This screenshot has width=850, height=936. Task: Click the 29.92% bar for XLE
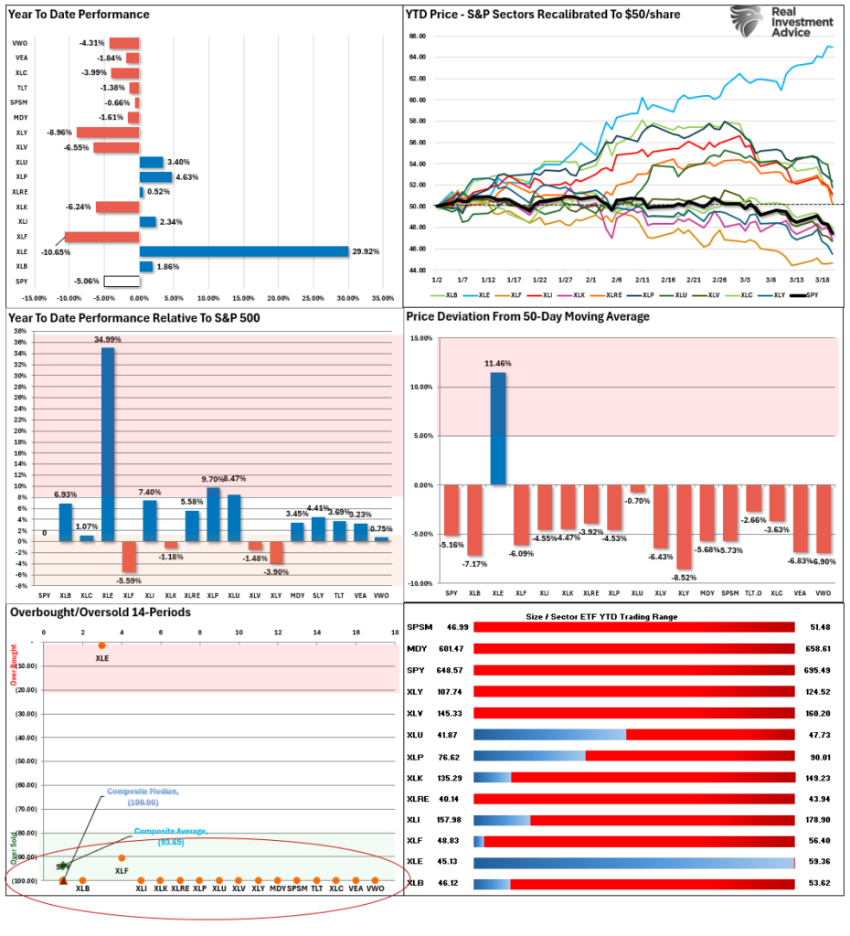pos(243,251)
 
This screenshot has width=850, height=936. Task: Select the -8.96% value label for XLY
pos(59,132)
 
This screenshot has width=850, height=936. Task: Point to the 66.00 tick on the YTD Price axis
pos(419,36)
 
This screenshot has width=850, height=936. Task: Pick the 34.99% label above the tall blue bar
pos(108,339)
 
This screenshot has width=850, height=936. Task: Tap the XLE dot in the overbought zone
pos(101,645)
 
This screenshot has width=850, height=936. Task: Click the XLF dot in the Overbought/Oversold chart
pos(122,857)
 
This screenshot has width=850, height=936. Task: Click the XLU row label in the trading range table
pos(417,734)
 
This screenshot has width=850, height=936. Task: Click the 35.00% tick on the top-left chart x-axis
pos(381,297)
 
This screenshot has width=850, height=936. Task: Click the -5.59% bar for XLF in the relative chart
pos(128,557)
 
